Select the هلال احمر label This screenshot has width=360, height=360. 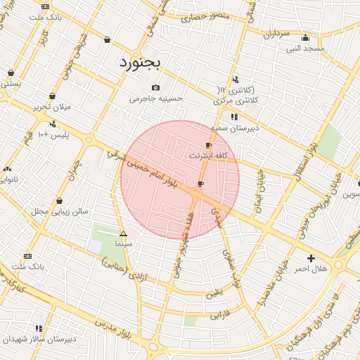pos(311,269)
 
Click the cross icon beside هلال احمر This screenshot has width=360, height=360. pos(311,258)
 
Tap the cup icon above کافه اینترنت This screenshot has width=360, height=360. pos(208,144)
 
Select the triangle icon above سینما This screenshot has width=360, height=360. pos(124,233)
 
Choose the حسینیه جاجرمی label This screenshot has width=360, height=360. pos(156,98)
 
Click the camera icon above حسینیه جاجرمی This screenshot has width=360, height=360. pos(155,88)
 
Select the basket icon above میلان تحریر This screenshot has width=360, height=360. pos(52,96)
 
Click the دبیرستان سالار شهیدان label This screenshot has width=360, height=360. pos(39,339)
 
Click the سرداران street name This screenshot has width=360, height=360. pos(276,33)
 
